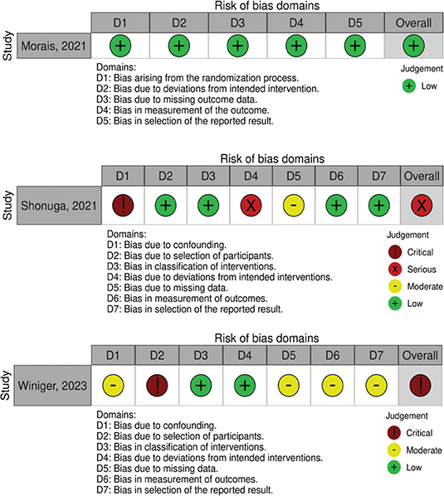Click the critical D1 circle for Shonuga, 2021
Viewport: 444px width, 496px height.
click(x=123, y=204)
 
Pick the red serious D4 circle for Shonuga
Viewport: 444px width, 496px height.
click(x=250, y=204)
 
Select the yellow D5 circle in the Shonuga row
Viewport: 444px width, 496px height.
click(x=293, y=204)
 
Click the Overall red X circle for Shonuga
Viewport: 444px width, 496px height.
click(x=421, y=204)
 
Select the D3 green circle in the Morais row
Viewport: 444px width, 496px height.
click(x=236, y=42)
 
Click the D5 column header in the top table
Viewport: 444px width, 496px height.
click(x=354, y=21)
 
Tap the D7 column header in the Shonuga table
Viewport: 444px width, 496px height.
click(x=378, y=176)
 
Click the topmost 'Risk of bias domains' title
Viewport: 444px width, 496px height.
click(x=266, y=6)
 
